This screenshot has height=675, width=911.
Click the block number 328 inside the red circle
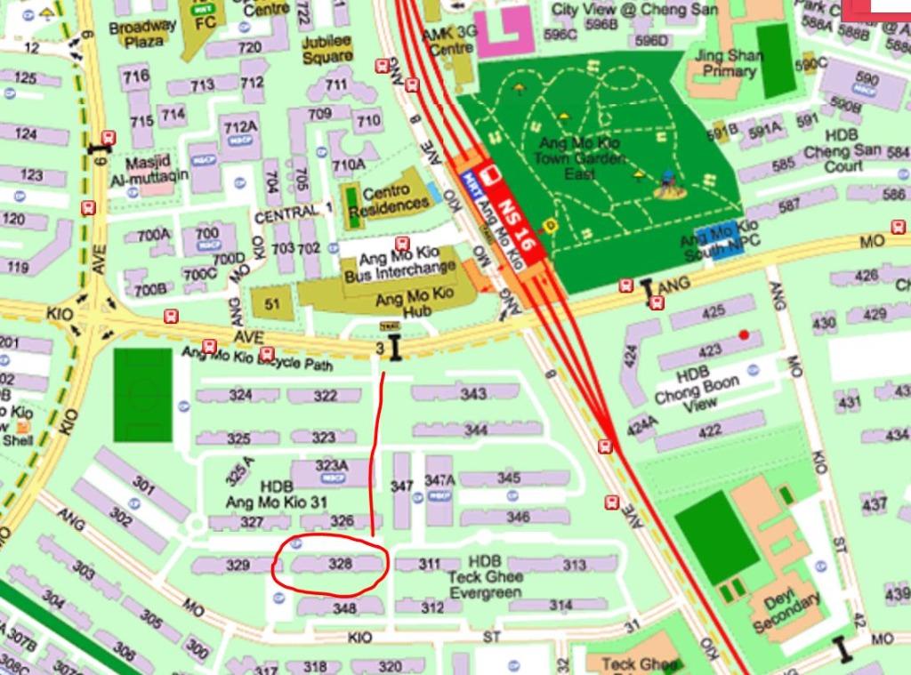coord(341,564)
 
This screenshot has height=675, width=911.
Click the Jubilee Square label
coord(327,50)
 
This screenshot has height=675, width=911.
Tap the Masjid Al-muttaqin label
coord(157,169)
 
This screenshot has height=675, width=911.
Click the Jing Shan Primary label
coord(730,62)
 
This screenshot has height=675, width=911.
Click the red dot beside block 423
coord(744,334)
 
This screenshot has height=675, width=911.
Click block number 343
coord(474,394)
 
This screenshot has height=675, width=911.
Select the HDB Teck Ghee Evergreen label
coord(485,577)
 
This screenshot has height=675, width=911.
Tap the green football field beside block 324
coord(142,395)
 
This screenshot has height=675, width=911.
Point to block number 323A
coord(332,466)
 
